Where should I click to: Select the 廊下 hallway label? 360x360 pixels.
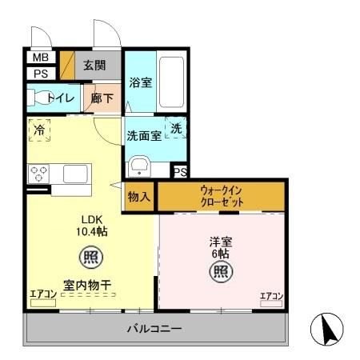pyautogui.click(x=102, y=98)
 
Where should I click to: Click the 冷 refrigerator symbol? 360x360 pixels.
pyautogui.click(x=39, y=129)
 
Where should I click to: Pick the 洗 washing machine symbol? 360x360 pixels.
pyautogui.click(x=177, y=129)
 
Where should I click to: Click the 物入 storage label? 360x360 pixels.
pyautogui.click(x=138, y=196)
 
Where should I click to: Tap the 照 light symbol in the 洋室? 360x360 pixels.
pyautogui.click(x=222, y=271)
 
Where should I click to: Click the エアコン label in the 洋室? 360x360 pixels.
pyautogui.click(x=270, y=298)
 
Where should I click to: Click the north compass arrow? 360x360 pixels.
pyautogui.click(x=328, y=328)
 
